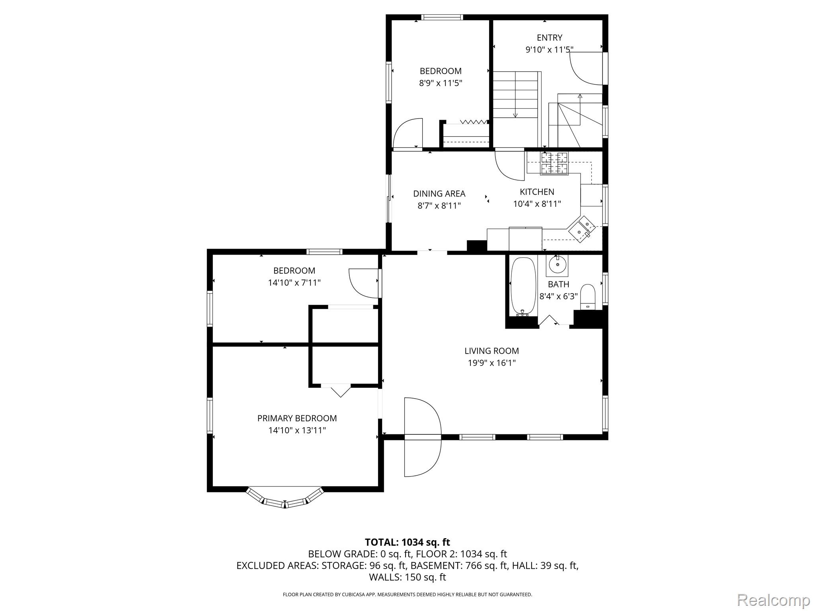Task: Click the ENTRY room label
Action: point(549,38)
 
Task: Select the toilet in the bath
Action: point(587,297)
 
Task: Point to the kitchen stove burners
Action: point(554,163)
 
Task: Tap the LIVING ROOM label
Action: point(491,351)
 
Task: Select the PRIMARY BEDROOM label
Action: point(297,418)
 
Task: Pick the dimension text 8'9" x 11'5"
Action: point(441,83)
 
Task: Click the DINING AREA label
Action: point(439,194)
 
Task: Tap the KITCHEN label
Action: point(537,192)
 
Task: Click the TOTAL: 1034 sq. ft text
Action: point(407,542)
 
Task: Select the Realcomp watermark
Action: point(773,599)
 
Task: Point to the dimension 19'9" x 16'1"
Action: point(491,363)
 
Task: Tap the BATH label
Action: point(558,284)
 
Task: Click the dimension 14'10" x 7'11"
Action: point(294,283)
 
